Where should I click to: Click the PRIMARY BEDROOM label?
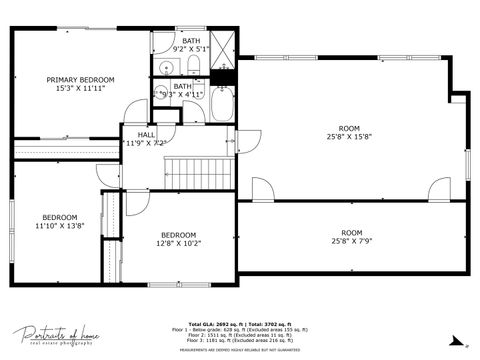[x=81, y=79]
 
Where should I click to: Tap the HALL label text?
[x=146, y=133]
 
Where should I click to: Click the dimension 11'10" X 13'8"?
[x=59, y=226]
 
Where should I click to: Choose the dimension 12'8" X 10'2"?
[x=179, y=242]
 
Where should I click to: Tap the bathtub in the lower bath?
[x=221, y=103]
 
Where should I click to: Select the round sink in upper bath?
[x=165, y=68]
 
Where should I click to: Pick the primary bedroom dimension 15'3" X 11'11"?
[x=81, y=88]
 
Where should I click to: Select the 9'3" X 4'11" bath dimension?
[x=182, y=94]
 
